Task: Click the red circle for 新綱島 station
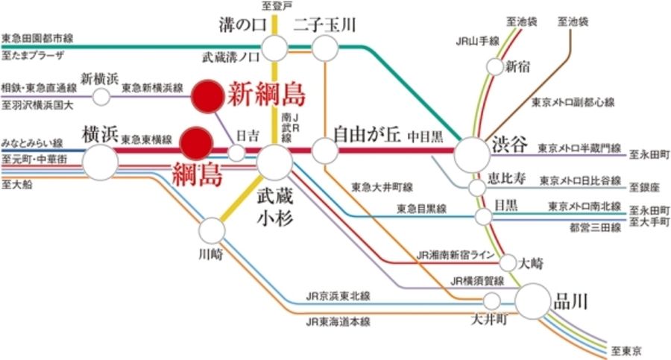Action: coord(206,95)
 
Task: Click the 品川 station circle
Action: coord(535,302)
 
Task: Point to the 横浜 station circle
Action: coord(100,160)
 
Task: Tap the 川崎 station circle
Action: coord(212,230)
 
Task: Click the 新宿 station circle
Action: coord(495,67)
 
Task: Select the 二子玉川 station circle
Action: coord(325,48)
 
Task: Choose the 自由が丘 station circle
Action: coord(325,151)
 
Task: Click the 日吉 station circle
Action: coord(236,154)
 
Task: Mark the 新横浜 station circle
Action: coord(101,96)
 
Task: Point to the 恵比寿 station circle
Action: coord(478,184)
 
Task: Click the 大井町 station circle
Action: coord(491,301)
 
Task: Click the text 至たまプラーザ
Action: coord(33,55)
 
